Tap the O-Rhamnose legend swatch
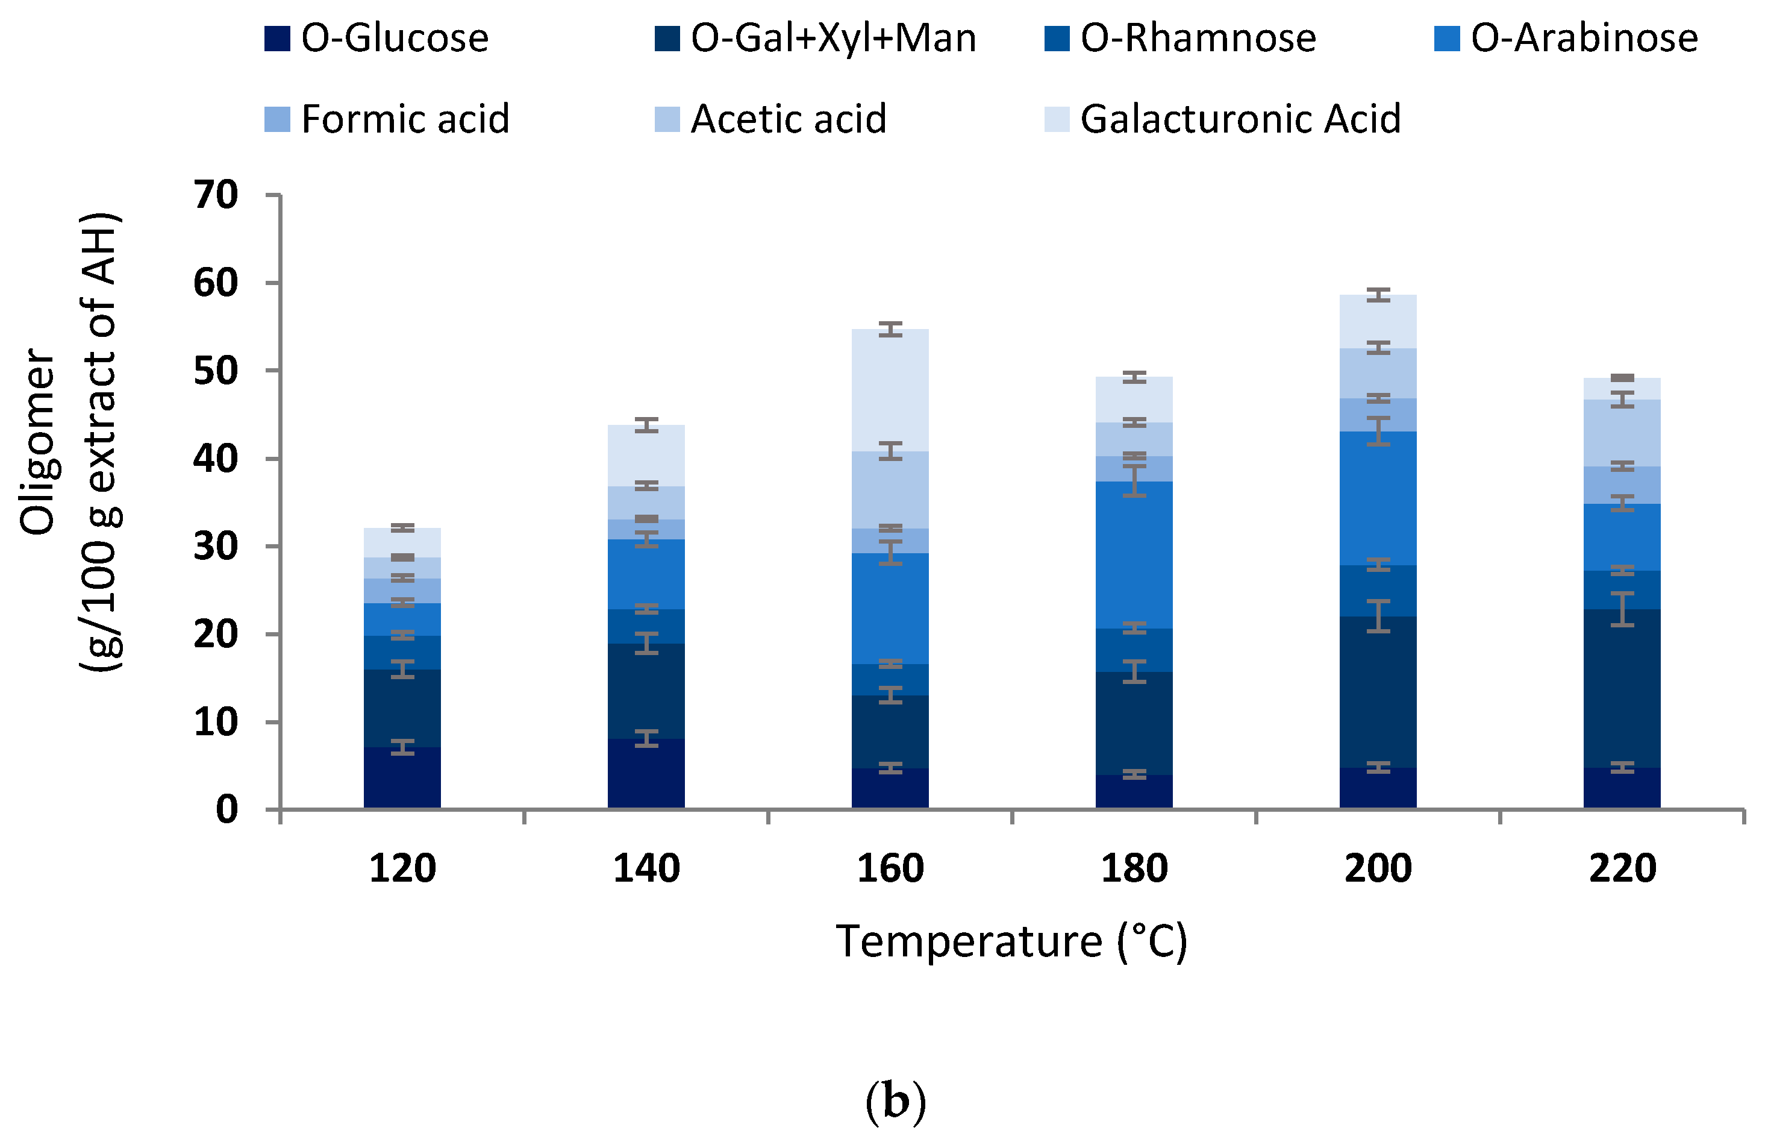(x=1057, y=39)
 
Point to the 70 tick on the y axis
(x=216, y=195)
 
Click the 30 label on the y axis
(x=216, y=547)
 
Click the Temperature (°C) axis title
(x=1011, y=941)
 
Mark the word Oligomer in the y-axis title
(x=37, y=442)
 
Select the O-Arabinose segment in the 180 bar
(x=1134, y=554)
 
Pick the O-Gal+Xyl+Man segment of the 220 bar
(x=1622, y=688)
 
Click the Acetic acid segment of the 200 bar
(x=1378, y=374)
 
